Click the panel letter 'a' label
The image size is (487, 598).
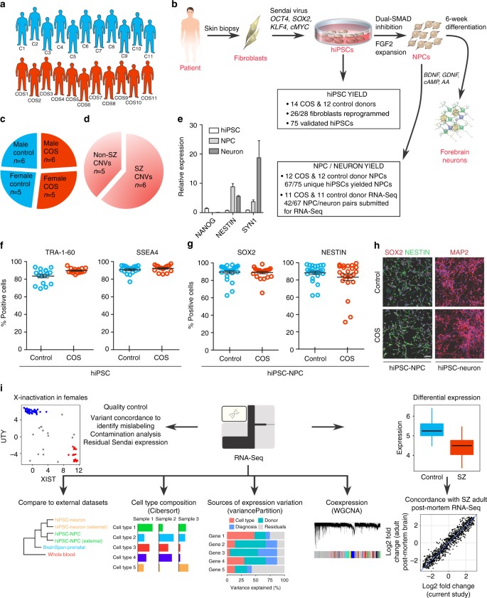click(x=6, y=6)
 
